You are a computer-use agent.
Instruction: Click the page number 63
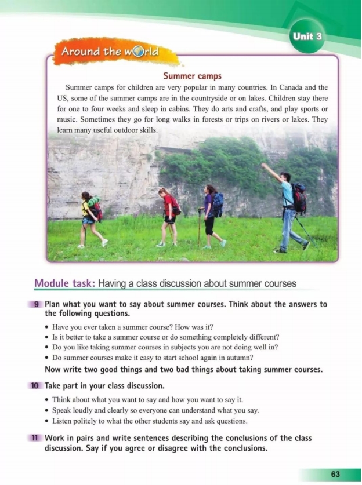click(335, 473)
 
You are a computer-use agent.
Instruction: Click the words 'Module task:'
click(64, 284)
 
